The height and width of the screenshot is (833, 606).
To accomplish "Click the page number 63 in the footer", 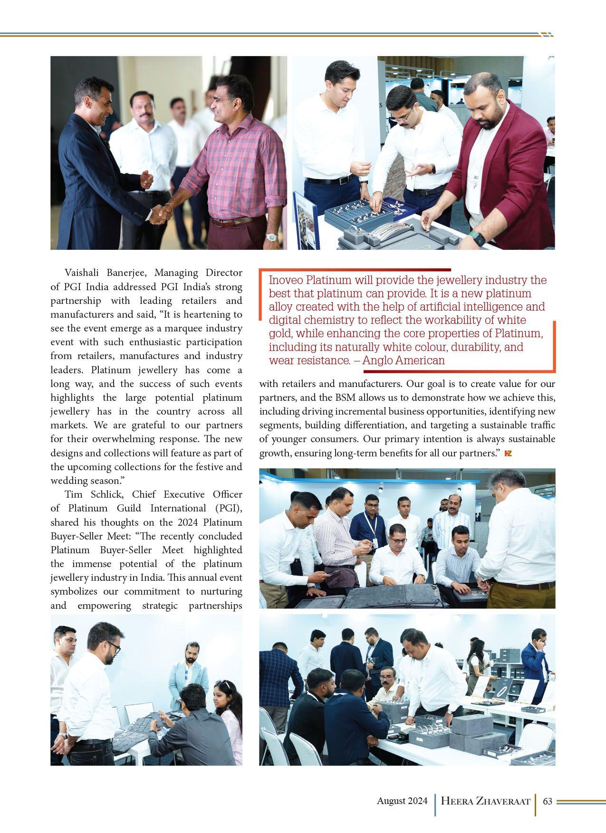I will (547, 801).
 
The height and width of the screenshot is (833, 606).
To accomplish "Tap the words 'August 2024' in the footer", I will (402, 801).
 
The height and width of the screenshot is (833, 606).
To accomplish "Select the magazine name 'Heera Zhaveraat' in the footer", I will (485, 802).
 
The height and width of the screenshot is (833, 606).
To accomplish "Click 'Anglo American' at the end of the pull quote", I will (404, 360).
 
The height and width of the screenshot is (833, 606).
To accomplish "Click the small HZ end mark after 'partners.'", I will (508, 454).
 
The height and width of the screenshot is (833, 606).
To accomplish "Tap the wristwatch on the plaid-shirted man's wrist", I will (271, 236).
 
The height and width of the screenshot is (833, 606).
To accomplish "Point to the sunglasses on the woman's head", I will (222, 684).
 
